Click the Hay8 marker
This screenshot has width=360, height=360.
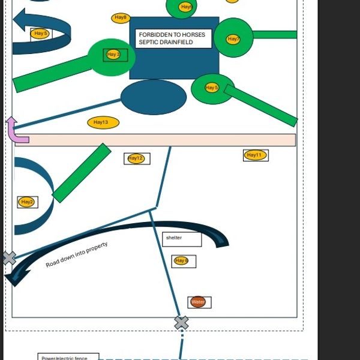121,18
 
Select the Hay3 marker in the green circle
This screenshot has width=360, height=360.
113,55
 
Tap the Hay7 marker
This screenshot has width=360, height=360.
233,39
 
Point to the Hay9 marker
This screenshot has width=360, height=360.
187,7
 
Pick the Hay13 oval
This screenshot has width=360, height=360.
103,123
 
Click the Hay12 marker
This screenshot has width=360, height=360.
136,158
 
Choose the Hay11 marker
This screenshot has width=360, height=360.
255,155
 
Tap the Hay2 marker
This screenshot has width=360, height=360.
27,202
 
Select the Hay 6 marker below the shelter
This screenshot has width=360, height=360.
181,260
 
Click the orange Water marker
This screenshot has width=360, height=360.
198,302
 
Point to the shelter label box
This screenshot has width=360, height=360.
181,238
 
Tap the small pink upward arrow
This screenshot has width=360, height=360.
15,131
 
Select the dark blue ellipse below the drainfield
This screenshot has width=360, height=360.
154,97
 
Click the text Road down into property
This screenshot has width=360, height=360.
77,255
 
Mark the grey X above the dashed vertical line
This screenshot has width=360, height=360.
181,323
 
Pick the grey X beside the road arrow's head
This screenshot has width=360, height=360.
8,259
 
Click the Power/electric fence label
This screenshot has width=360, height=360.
64,358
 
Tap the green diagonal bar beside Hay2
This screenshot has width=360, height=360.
82,173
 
